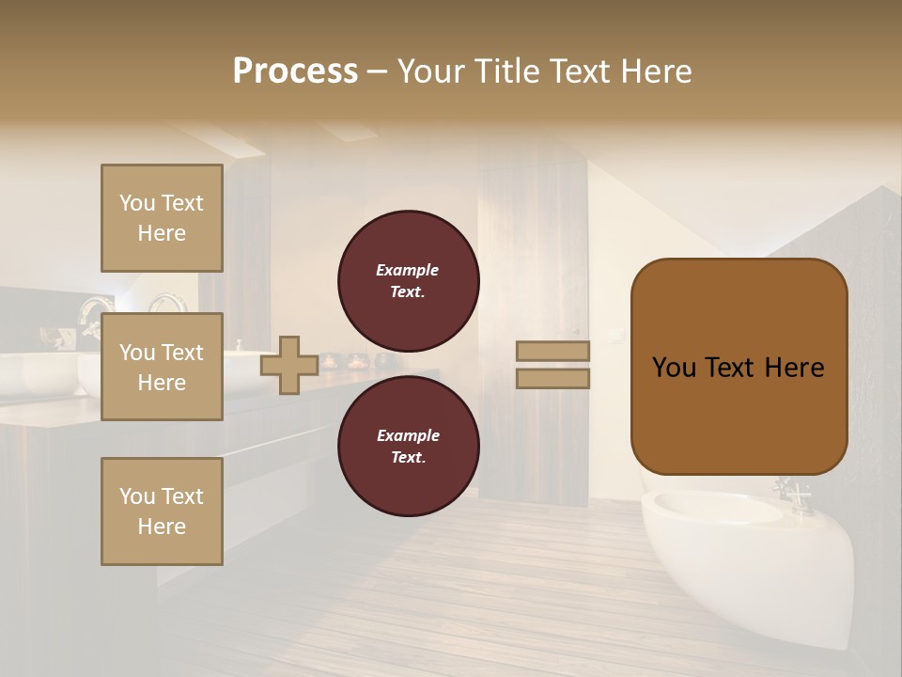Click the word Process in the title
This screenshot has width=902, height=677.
click(x=295, y=71)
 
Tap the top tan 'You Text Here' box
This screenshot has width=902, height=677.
click(x=162, y=218)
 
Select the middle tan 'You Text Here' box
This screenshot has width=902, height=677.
click(x=162, y=367)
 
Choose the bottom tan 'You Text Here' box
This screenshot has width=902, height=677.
click(x=162, y=512)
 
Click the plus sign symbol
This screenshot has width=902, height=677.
click(x=289, y=365)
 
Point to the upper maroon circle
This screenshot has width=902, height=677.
click(x=408, y=280)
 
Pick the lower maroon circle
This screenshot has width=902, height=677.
click(x=408, y=446)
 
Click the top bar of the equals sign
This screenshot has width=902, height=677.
click(x=553, y=351)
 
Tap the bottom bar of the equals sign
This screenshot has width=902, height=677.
click(x=553, y=378)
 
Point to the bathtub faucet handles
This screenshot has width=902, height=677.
click(x=792, y=492)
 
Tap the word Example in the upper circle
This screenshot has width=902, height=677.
click(x=407, y=270)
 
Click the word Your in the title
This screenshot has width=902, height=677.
click(x=431, y=71)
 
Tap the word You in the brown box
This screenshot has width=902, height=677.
click(x=674, y=368)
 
